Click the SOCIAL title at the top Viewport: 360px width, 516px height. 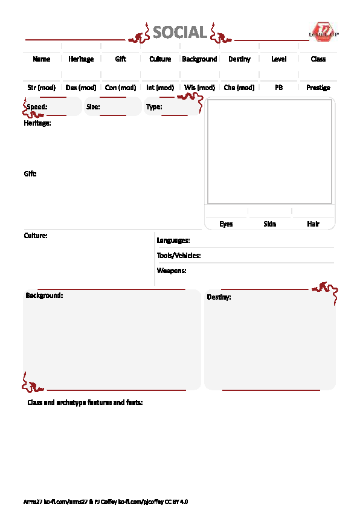(179, 32)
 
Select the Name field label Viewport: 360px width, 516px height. (42, 59)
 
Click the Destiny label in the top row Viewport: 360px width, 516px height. (239, 59)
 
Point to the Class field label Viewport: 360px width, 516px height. (318, 59)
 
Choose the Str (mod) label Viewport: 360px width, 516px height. (42, 88)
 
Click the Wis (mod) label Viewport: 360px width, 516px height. (199, 88)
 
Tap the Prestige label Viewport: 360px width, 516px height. (318, 88)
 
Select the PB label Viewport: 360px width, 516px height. (278, 88)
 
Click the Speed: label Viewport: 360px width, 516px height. (37, 107)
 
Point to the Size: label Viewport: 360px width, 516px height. (93, 107)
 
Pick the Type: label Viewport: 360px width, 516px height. (154, 107)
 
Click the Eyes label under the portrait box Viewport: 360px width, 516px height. (226, 224)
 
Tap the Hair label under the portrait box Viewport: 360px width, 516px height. (313, 224)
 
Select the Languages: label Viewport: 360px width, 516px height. (173, 240)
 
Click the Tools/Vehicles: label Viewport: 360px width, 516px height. (179, 256)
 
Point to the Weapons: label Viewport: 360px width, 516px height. (172, 271)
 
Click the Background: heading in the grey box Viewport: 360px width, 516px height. (44, 295)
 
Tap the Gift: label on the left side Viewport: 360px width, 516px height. (30, 174)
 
